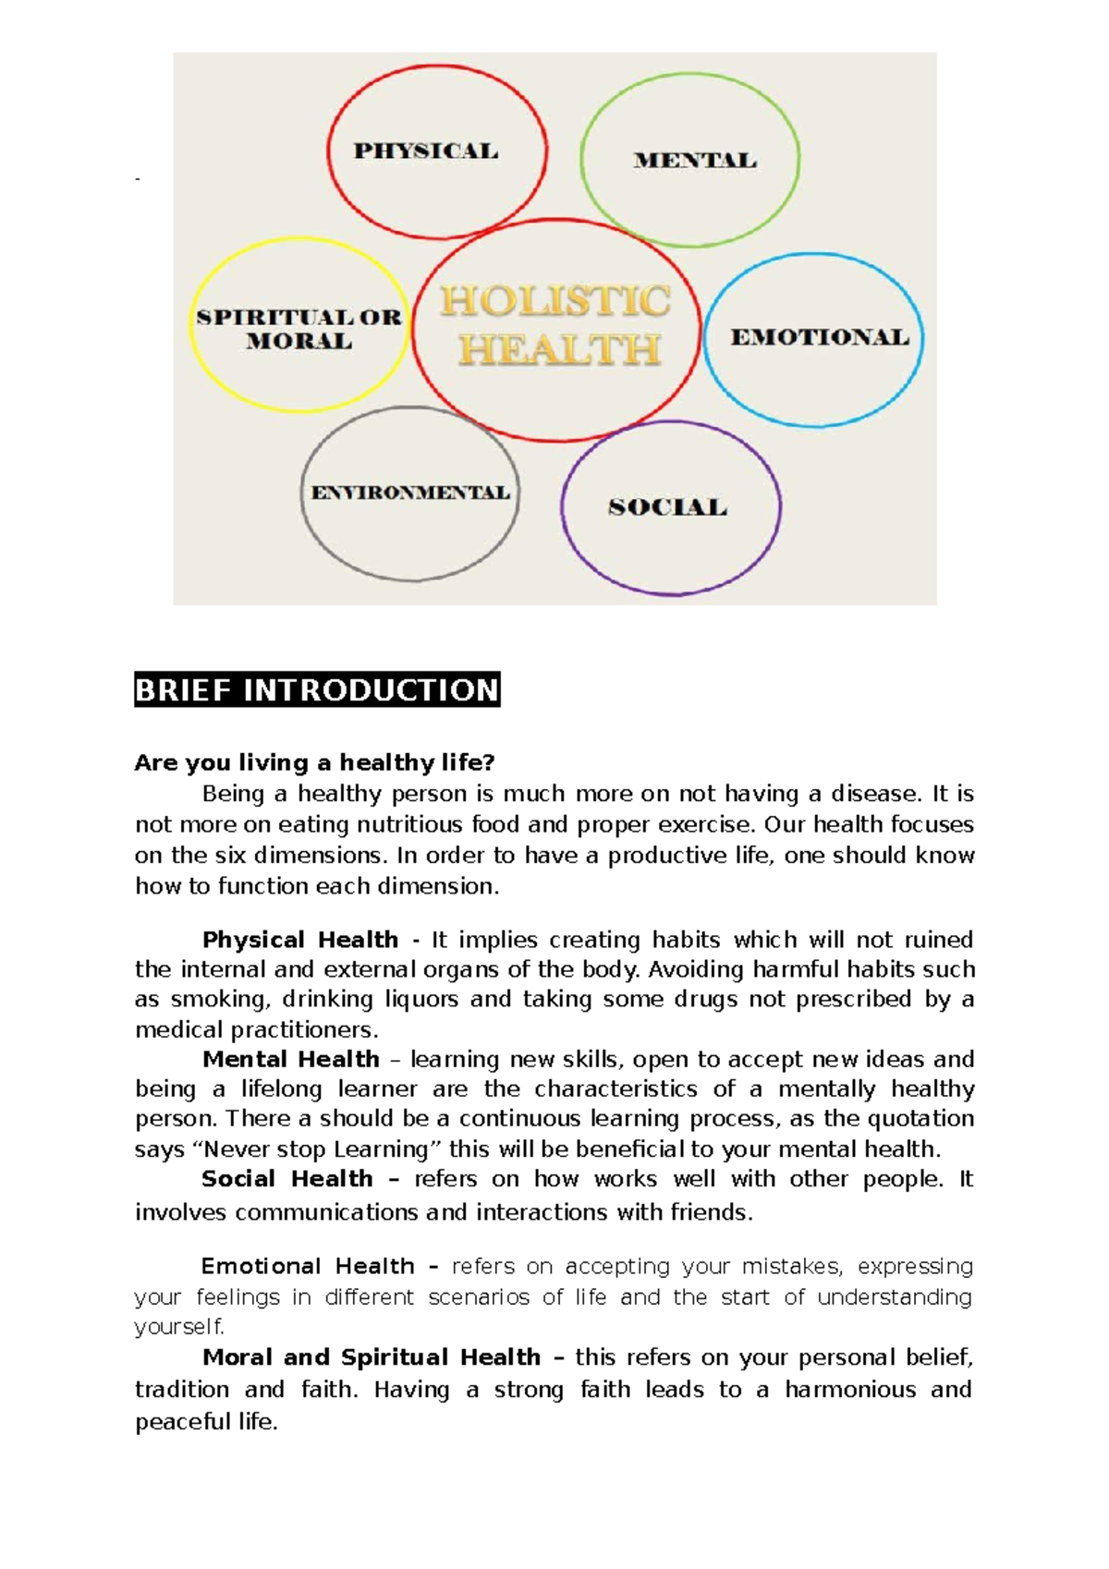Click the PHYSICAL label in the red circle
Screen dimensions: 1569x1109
coord(426,151)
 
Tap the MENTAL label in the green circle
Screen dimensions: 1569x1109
coord(695,160)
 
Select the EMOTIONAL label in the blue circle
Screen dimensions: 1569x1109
coord(820,337)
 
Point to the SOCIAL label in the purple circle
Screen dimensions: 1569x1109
coord(667,506)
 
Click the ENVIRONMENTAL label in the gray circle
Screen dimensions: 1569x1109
coord(410,493)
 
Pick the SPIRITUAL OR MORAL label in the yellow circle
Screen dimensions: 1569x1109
coord(299,329)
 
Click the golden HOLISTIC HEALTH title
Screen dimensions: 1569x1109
coord(556,325)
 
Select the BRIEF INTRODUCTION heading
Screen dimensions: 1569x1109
coord(317,689)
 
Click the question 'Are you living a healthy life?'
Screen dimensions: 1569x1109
coord(314,762)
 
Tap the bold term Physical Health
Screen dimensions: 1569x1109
coord(299,940)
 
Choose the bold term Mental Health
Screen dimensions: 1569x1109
coord(290,1059)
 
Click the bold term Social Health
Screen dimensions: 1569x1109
coord(286,1179)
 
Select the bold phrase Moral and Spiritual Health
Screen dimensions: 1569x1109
coord(371,1357)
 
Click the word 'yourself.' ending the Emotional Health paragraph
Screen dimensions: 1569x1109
coord(179,1327)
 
